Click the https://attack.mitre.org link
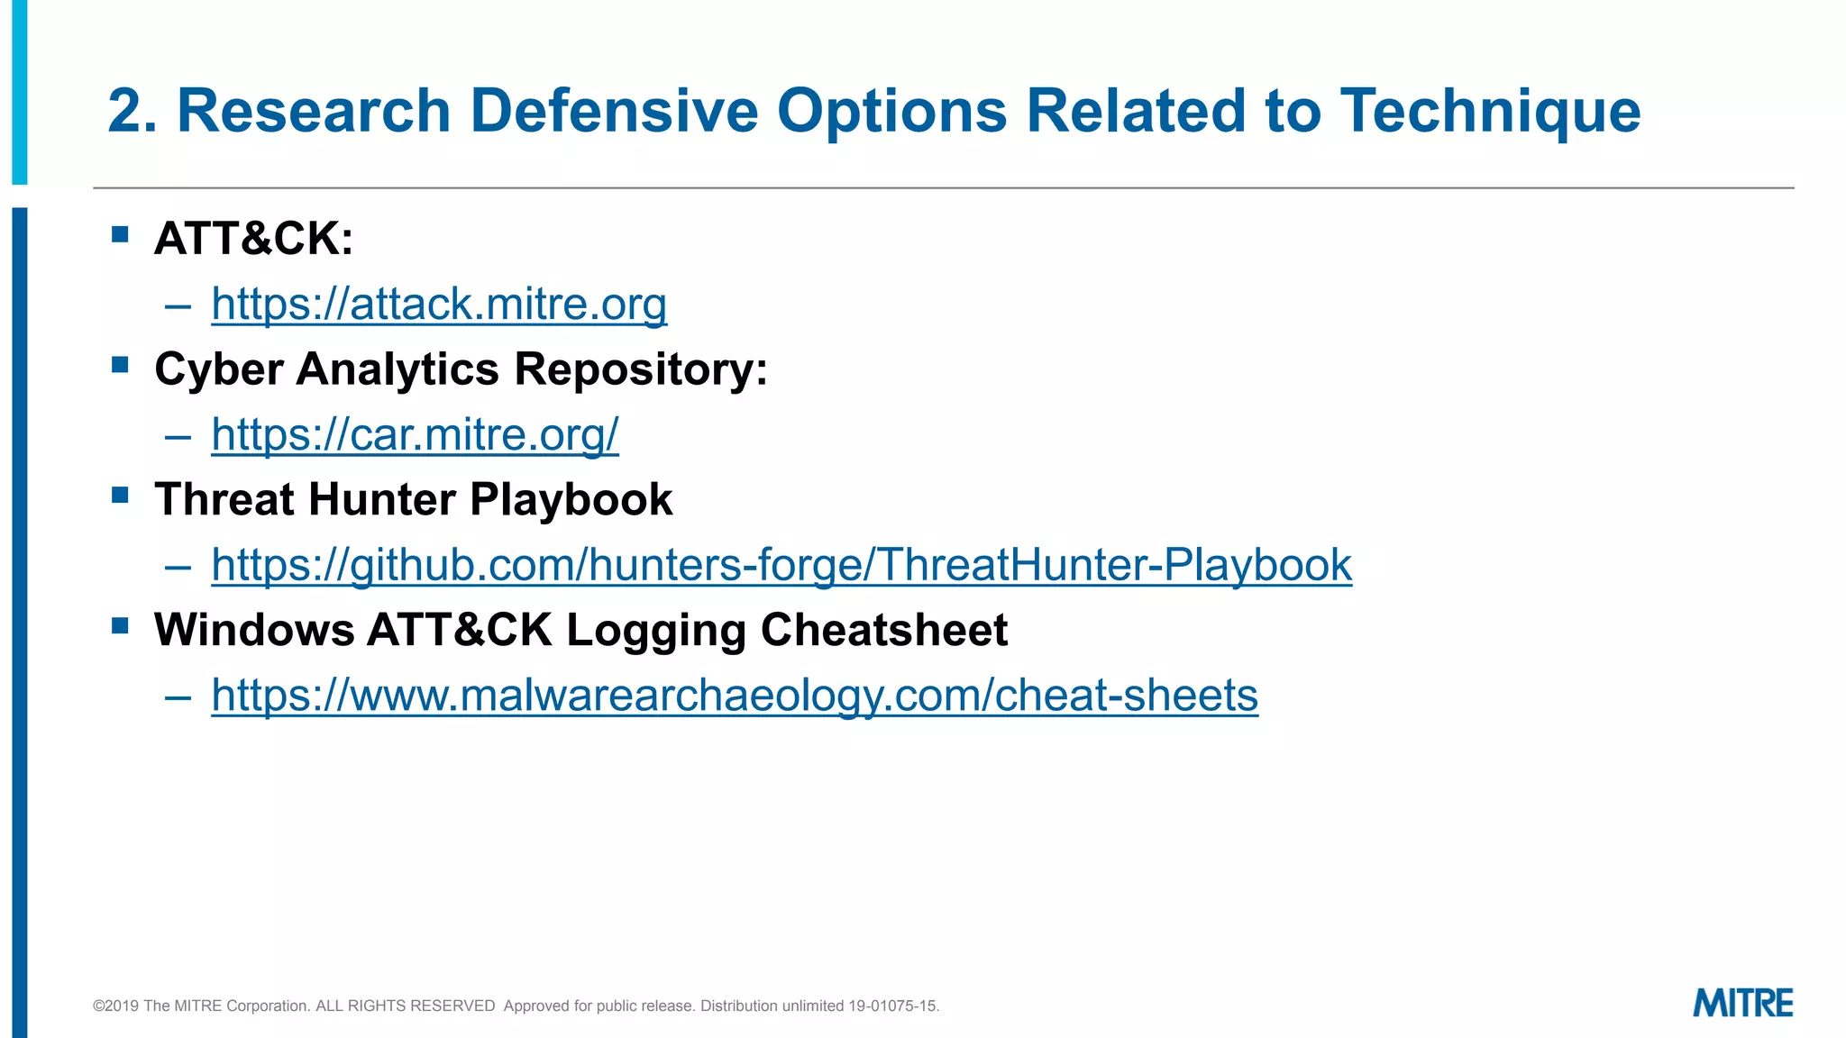pos(439,304)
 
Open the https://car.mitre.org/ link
pos(415,434)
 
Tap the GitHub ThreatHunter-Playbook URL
pos(781,565)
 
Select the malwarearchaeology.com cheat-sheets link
pos(735,695)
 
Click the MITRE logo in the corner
pos(1742,1003)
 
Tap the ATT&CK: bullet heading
pos(253,239)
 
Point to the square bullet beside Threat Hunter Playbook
pos(120,495)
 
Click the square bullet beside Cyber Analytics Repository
pos(120,365)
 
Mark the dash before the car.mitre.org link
pos(178,436)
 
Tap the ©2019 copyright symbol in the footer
pos(98,1006)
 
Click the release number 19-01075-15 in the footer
pos(892,1006)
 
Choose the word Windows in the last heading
pos(254,630)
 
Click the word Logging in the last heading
pos(655,630)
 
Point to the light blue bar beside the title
pos(19,90)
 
